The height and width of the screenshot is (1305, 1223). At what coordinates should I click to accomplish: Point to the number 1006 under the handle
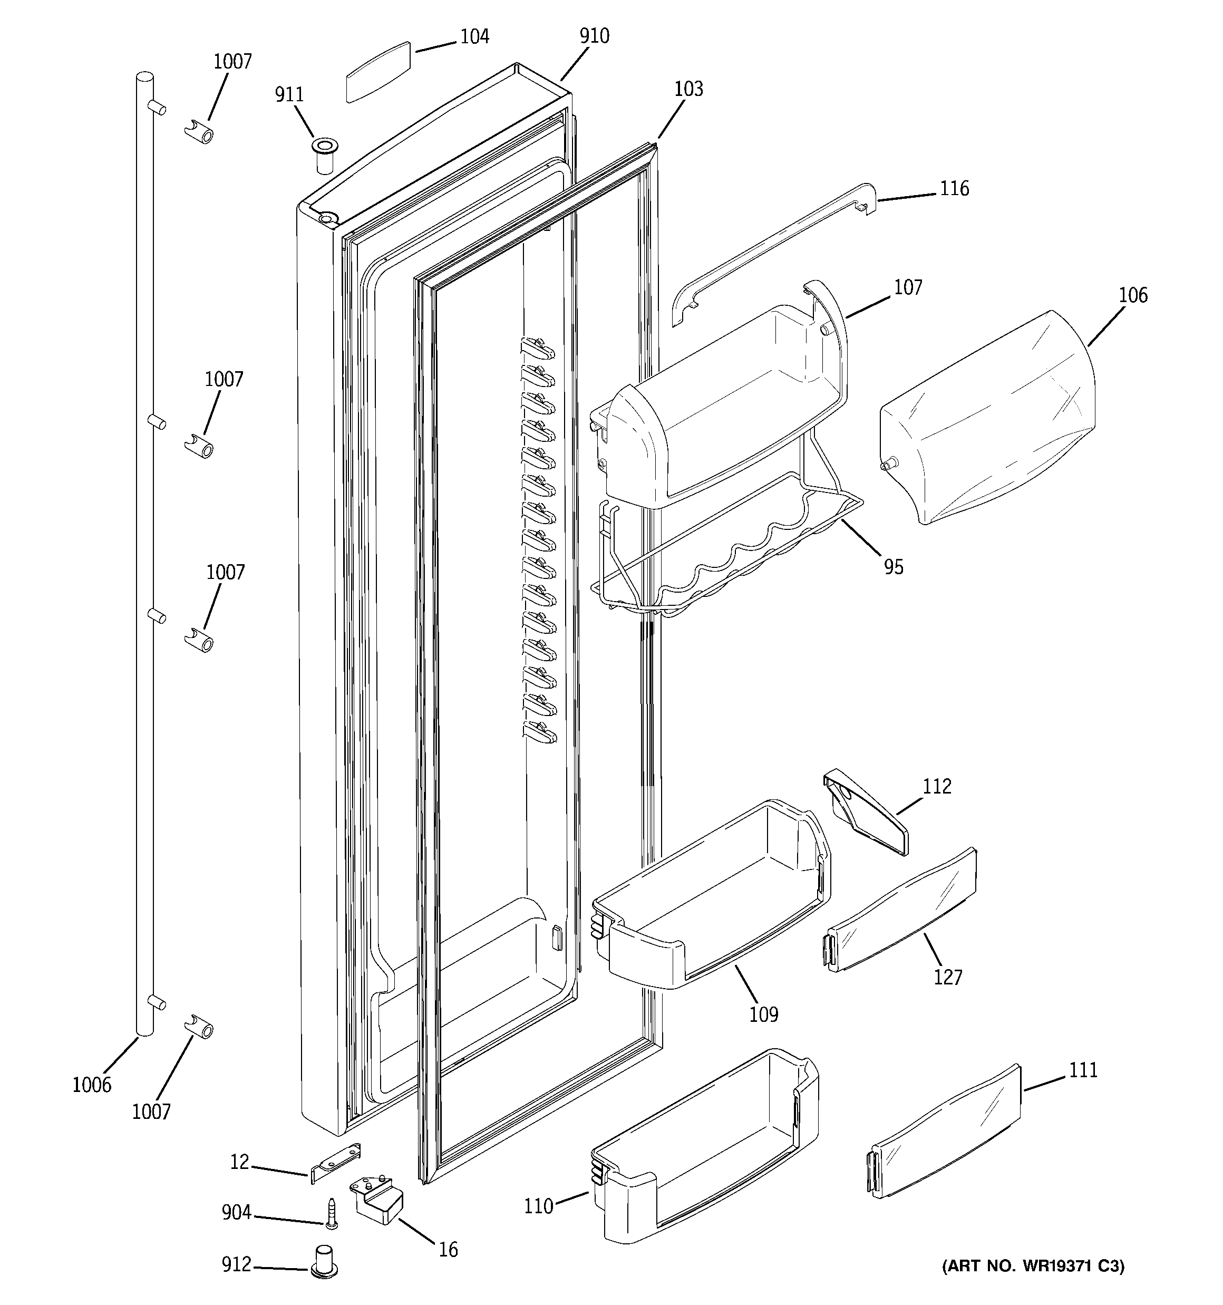(x=92, y=1085)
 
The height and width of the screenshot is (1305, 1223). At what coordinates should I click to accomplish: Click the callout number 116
(x=954, y=189)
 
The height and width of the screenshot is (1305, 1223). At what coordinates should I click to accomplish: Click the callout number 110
(x=539, y=1206)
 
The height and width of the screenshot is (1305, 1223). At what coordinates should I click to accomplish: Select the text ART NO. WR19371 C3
(x=1033, y=1267)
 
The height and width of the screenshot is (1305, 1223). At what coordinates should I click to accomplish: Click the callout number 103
(x=688, y=89)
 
